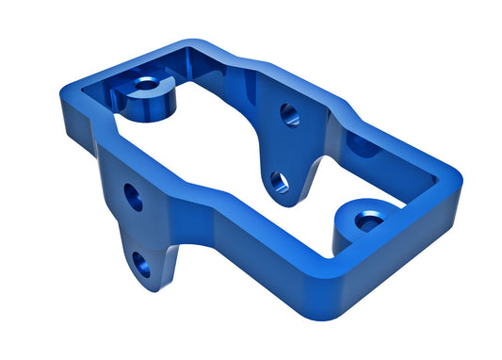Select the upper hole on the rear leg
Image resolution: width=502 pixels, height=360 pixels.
click(x=289, y=115)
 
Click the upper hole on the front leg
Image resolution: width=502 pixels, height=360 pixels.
click(x=134, y=198)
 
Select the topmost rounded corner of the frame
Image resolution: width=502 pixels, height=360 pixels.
click(x=193, y=43)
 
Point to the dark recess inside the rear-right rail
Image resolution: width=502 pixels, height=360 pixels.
click(x=363, y=146)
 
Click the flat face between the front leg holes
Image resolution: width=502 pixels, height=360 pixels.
click(x=138, y=231)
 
